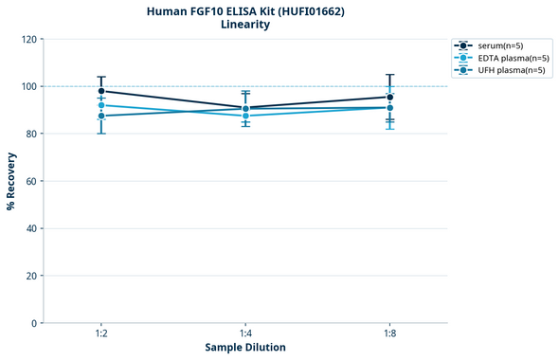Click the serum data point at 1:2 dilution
pyautogui.click(x=101, y=91)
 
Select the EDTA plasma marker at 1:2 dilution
pyautogui.click(x=101, y=105)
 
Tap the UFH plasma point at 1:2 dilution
pyautogui.click(x=101, y=116)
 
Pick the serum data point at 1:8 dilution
pyautogui.click(x=389, y=97)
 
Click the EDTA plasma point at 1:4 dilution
pyautogui.click(x=245, y=116)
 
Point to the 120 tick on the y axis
pyautogui.click(x=29, y=39)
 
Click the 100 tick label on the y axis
pyautogui.click(x=29, y=86)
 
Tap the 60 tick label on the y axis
pyautogui.click(x=32, y=181)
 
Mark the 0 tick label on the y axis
pyautogui.click(x=35, y=323)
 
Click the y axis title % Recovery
pyautogui.click(x=11, y=181)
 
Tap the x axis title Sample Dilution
pyautogui.click(x=245, y=348)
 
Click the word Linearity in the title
pyautogui.click(x=245, y=25)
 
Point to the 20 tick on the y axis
pyautogui.click(x=32, y=276)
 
